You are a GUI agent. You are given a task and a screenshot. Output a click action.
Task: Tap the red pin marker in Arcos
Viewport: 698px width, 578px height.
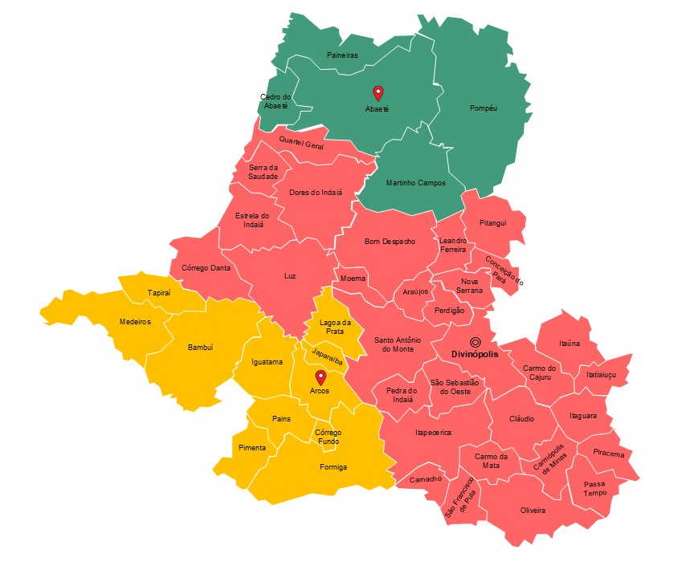click(x=320, y=377)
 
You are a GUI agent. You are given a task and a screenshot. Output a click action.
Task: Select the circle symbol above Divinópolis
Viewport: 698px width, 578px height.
click(x=476, y=342)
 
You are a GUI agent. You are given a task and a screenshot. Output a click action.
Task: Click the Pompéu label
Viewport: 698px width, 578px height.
click(x=484, y=108)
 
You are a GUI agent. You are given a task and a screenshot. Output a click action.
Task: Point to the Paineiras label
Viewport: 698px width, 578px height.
click(x=342, y=55)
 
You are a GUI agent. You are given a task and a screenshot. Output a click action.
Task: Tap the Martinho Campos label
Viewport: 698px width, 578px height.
click(x=415, y=183)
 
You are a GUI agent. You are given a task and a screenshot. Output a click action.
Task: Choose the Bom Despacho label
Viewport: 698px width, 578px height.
click(x=390, y=241)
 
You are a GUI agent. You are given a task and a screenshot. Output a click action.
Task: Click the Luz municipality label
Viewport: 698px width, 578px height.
click(x=290, y=275)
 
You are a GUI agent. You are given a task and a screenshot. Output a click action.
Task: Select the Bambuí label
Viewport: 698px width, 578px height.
click(x=200, y=348)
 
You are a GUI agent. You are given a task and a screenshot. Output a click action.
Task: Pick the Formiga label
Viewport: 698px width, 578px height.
click(x=333, y=466)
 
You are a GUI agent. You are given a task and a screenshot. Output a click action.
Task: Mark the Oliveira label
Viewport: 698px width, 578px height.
click(x=533, y=511)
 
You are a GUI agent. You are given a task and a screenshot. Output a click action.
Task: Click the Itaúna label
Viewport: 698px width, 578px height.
click(x=569, y=344)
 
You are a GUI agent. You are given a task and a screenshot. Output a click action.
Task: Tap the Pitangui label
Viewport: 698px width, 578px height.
click(x=493, y=223)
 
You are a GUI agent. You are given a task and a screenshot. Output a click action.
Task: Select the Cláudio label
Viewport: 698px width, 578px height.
click(x=521, y=419)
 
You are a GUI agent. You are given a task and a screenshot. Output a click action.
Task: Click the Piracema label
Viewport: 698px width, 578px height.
click(x=608, y=454)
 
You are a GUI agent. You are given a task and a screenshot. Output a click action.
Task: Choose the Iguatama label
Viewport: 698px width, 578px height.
click(x=267, y=362)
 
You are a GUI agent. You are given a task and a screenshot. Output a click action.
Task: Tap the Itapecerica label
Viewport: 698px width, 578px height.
click(x=433, y=433)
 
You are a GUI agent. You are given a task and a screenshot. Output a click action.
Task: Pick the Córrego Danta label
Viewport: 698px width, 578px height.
click(x=206, y=268)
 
